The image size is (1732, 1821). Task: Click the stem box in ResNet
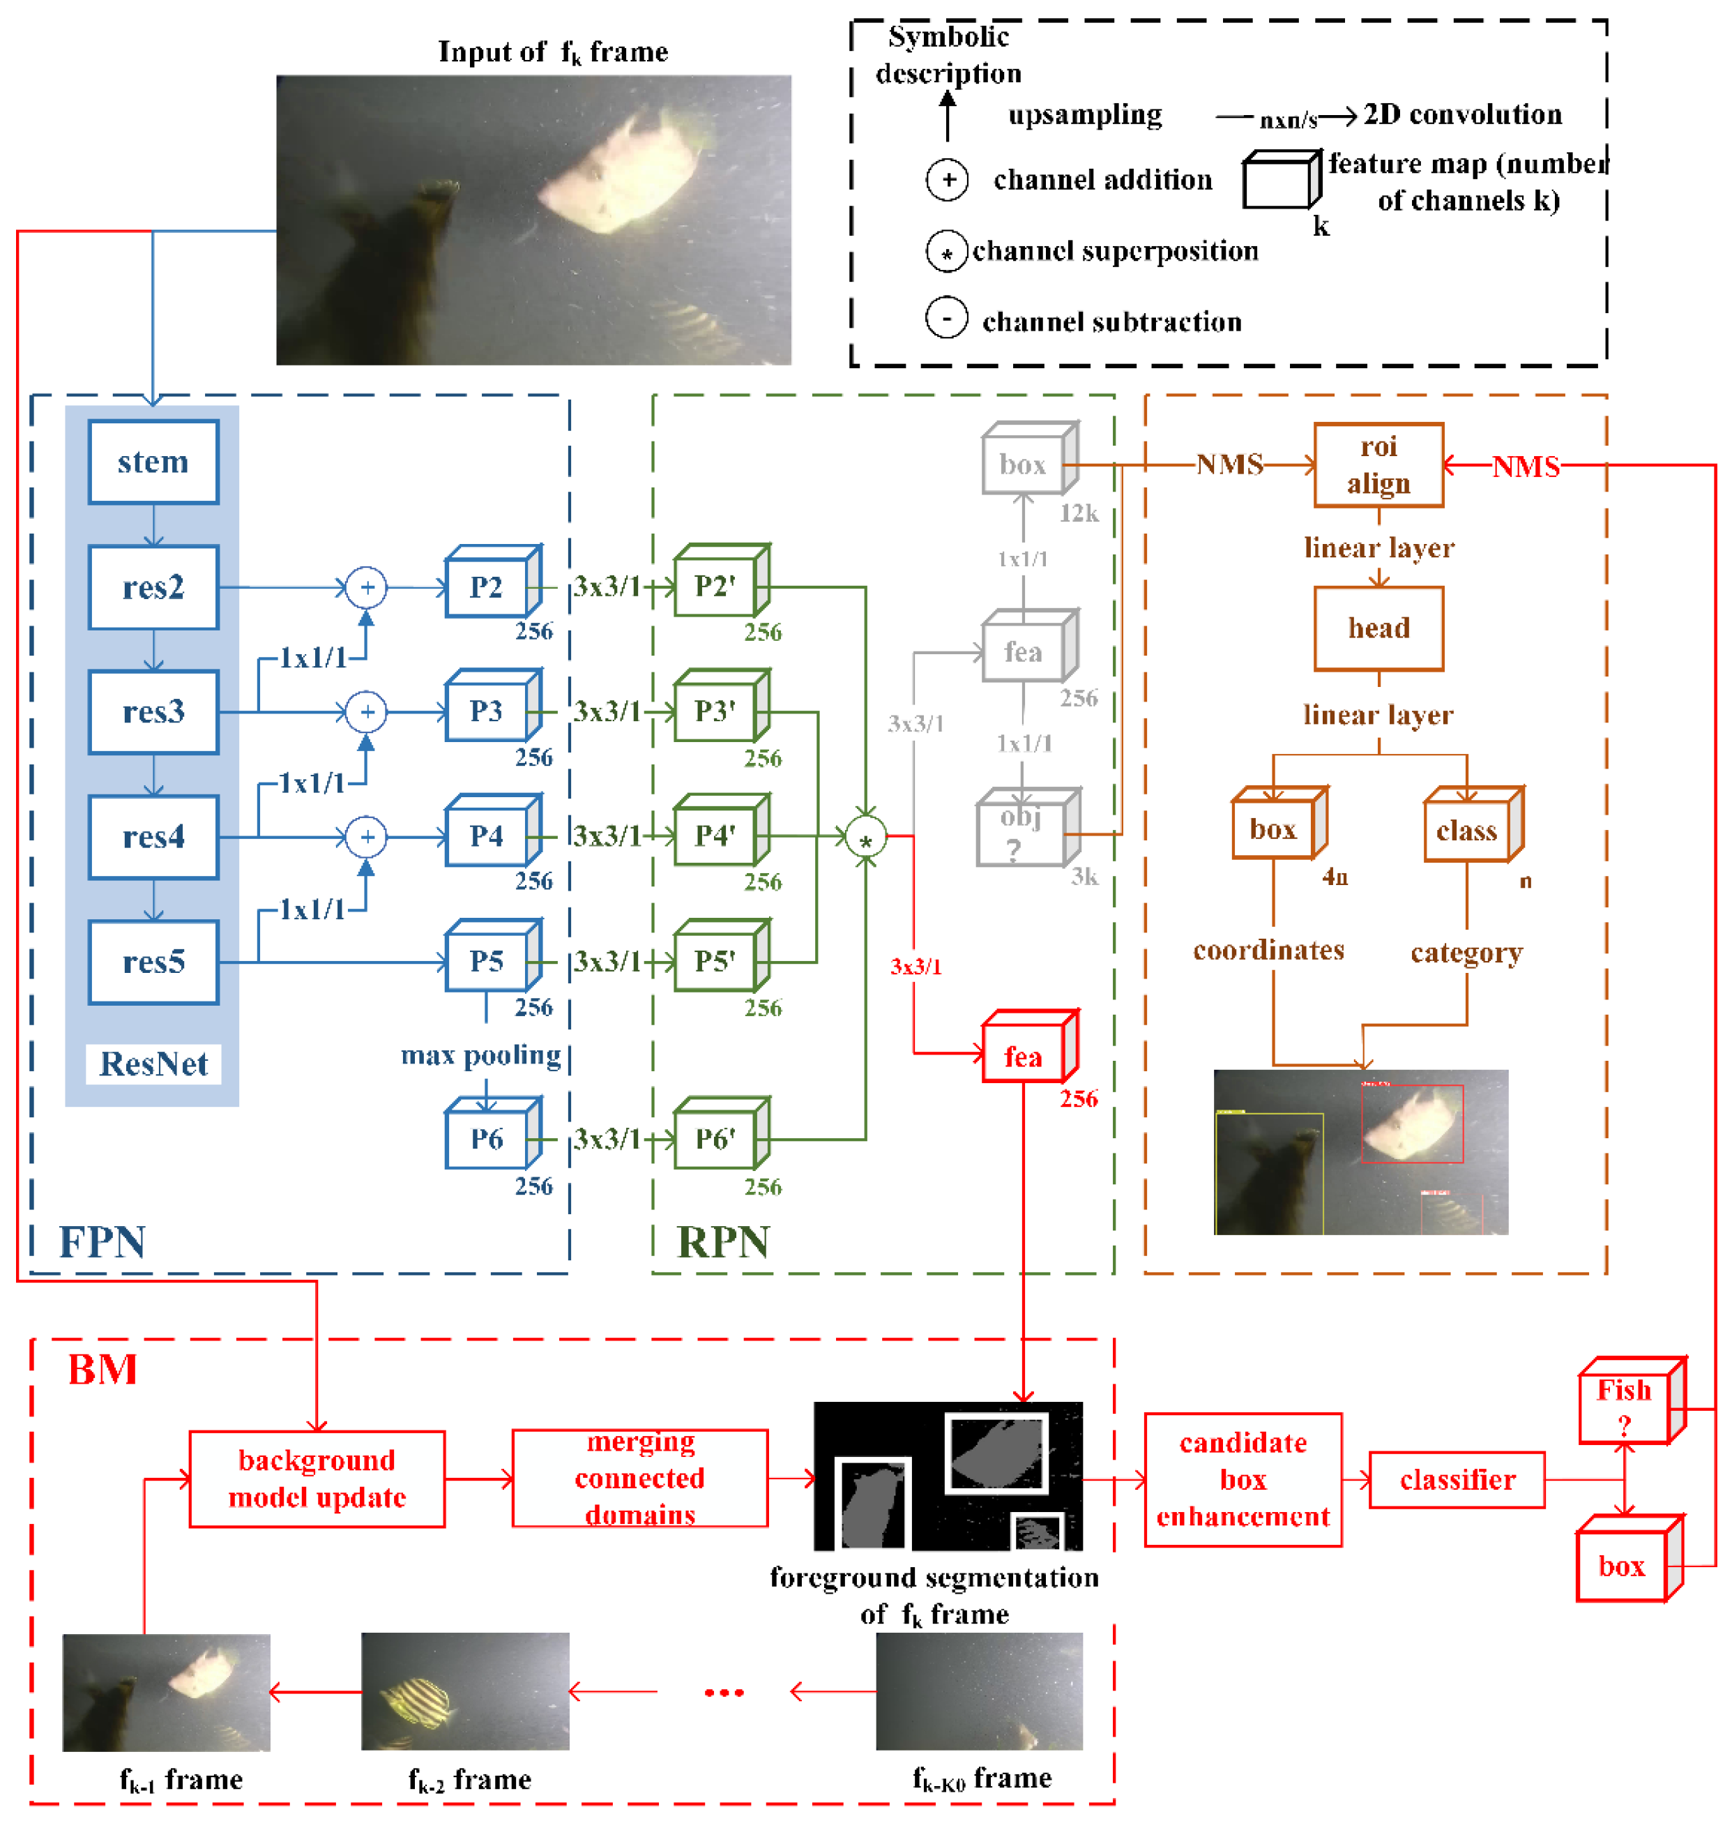153,462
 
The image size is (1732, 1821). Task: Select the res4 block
153,837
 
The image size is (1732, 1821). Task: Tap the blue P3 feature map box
487,711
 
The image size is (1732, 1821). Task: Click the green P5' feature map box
715,961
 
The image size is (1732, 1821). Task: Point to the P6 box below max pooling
487,1139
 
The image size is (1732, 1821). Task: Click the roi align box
1378,464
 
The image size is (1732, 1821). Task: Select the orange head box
1378,628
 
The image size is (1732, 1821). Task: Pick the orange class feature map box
1466,830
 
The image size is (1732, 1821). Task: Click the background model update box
317,1479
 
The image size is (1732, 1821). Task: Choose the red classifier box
1456,1480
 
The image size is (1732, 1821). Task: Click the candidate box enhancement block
1243,1479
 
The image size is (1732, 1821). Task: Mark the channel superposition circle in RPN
866,838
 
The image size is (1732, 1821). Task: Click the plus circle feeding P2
367,587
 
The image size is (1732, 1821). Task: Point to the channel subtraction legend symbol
946,319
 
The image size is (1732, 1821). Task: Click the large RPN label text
723,1242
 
